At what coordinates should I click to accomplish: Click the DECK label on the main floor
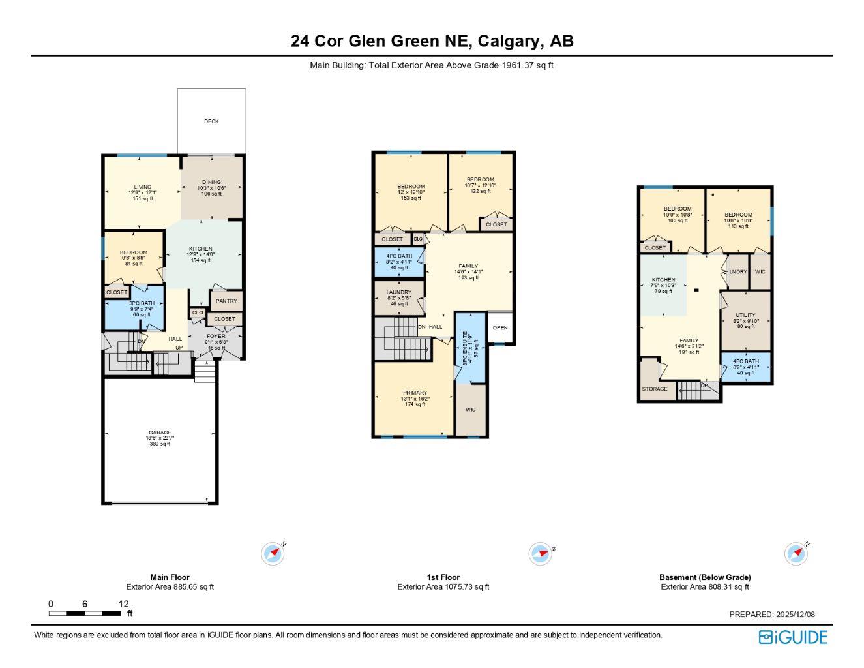coord(211,121)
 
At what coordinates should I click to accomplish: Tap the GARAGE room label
coord(160,433)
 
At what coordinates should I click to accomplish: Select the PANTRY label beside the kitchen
coord(226,301)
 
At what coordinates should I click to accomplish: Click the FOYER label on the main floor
coord(216,337)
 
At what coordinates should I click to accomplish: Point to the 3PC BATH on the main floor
coord(142,304)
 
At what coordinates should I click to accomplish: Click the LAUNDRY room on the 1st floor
coord(398,293)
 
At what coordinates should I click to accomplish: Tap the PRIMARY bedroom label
coord(415,393)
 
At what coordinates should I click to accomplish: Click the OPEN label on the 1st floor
coord(500,328)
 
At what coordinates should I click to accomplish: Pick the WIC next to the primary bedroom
coord(470,410)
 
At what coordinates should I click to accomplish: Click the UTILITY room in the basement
coord(745,316)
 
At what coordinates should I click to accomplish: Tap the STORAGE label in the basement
coord(655,389)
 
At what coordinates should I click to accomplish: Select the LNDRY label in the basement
coord(737,272)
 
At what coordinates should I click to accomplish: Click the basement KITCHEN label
coord(663,280)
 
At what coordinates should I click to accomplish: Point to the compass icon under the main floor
coord(273,554)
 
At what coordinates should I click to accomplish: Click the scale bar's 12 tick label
coord(124,604)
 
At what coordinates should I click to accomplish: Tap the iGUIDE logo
coord(793,637)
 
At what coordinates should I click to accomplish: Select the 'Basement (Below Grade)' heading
coord(705,577)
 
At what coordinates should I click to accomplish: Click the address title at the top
coord(432,41)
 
